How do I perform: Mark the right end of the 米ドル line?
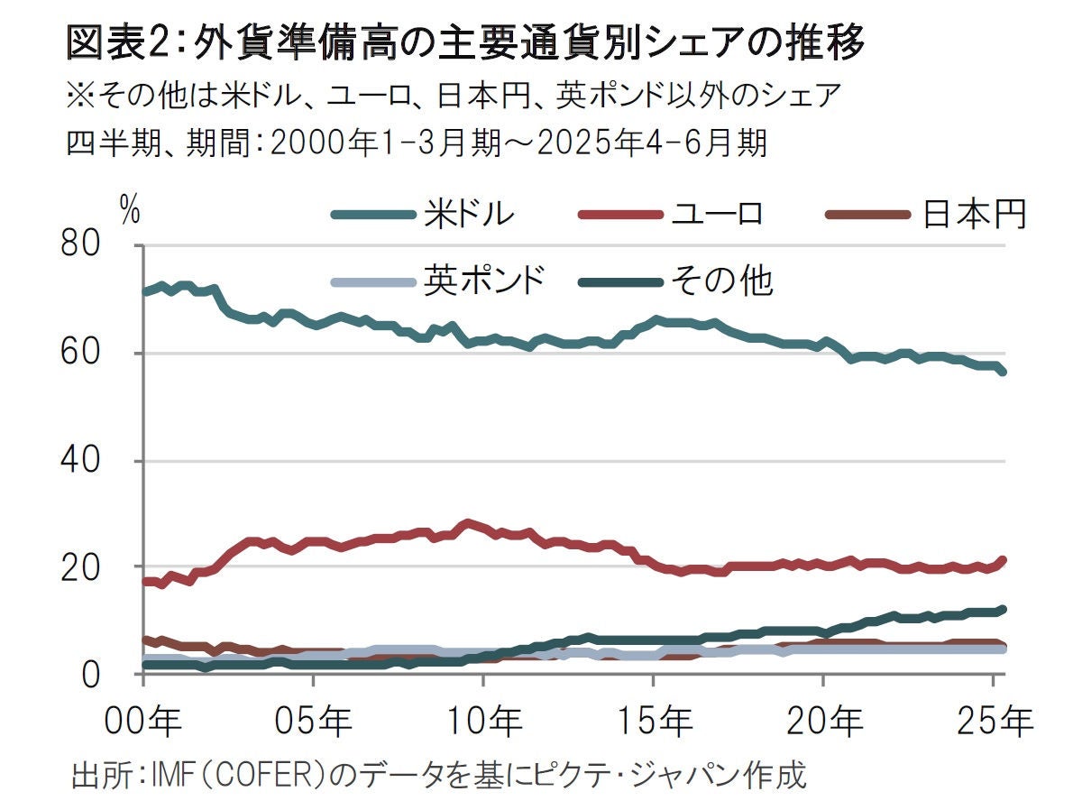[x=1003, y=372]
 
